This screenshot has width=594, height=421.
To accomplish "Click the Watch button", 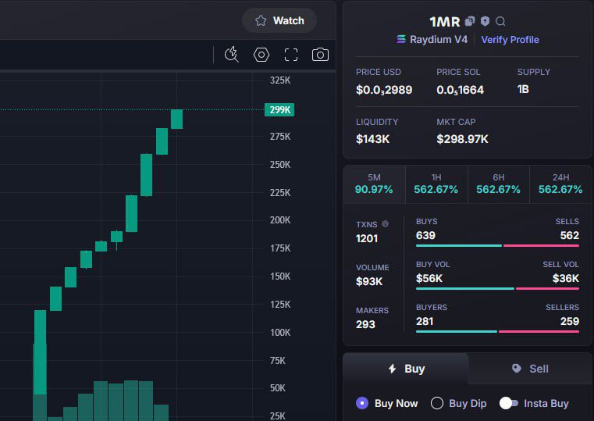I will pos(279,20).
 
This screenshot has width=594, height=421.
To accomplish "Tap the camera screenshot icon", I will pos(320,55).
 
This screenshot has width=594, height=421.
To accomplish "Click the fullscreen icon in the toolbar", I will pos(291,55).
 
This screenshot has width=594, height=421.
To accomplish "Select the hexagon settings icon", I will pos(261,55).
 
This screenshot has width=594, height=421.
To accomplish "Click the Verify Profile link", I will pos(510,39).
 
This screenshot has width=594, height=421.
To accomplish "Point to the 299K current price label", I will pos(279,110).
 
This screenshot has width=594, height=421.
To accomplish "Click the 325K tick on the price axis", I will pos(280,80).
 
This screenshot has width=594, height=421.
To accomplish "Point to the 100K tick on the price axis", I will pos(280,333).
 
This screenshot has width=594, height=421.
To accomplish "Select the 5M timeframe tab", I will pos(374,184).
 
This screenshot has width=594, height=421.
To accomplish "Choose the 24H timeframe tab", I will pos(560,184).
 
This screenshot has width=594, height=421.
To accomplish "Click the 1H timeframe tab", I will pos(436,184).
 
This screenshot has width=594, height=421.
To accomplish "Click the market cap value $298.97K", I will pos(462,139).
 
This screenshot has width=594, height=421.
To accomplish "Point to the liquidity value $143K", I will pos(372,139).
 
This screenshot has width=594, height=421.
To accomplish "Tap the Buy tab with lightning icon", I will pos(406,369).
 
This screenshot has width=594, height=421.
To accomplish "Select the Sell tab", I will pos(530,369).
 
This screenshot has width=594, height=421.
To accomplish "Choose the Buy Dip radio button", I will pos(437,403).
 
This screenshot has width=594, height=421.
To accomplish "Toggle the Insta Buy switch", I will pos(509,403).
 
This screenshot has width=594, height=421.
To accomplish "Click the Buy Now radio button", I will pos(362,403).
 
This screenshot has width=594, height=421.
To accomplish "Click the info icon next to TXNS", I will pos(385,224).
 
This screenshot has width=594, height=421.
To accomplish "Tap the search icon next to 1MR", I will pos(501,22).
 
